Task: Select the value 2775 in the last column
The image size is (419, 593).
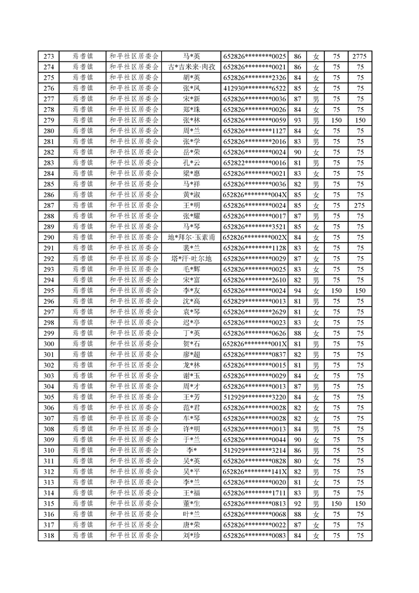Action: (360, 57)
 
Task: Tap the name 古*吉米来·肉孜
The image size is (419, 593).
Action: (191, 67)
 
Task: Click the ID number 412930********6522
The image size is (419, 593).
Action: (255, 88)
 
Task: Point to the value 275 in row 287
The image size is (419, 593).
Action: (360, 206)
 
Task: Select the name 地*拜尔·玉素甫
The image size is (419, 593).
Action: (191, 237)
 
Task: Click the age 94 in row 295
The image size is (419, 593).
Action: (297, 291)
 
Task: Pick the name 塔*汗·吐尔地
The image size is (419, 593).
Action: (191, 258)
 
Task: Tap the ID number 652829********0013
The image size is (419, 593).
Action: (255, 301)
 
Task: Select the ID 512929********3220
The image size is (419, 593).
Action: (255, 397)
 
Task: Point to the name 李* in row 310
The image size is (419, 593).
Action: (191, 450)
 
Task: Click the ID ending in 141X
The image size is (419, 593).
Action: (255, 471)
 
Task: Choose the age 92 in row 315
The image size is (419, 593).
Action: (297, 504)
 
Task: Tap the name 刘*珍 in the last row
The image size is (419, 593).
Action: (191, 535)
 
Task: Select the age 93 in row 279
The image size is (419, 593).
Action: (297, 121)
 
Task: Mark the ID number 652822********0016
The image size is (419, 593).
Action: (255, 163)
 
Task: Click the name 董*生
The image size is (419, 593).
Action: (191, 504)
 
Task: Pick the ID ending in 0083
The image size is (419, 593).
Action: (255, 535)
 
